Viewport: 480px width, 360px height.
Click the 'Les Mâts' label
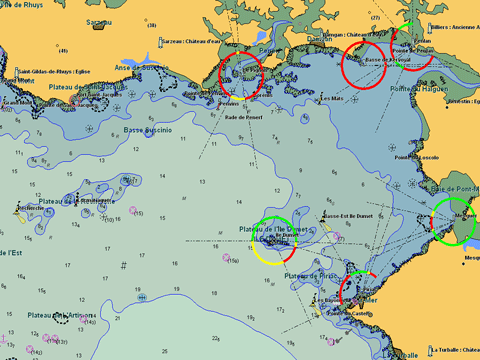(331, 98)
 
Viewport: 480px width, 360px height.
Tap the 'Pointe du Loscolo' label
(418, 157)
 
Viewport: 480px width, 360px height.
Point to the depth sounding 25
(118, 319)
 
